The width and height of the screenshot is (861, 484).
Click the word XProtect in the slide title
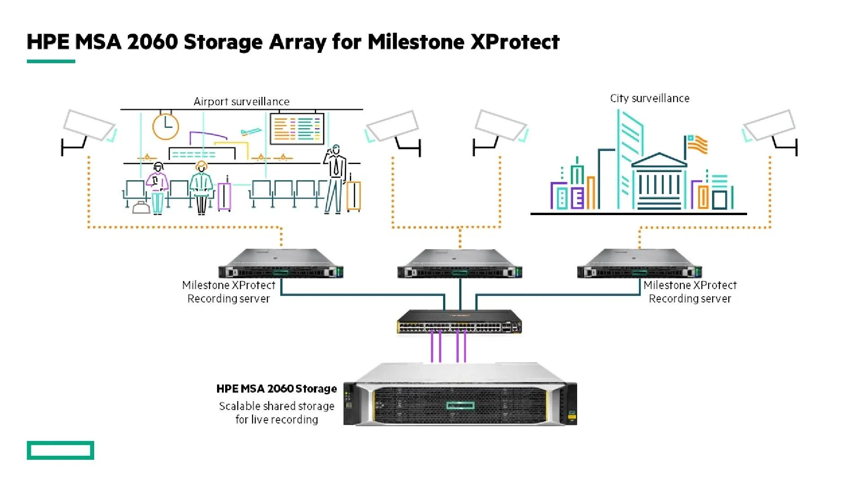tap(515, 42)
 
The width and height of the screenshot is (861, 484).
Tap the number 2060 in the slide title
tap(152, 42)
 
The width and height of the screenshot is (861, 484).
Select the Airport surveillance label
tap(241, 102)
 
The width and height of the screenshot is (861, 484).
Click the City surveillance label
tap(649, 99)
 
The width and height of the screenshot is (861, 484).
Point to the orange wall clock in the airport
tap(165, 126)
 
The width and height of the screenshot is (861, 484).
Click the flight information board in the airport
tap(297, 129)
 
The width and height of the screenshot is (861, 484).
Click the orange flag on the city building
tap(698, 145)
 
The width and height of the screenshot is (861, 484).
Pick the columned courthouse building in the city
tap(659, 181)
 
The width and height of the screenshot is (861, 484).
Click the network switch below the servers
tap(460, 322)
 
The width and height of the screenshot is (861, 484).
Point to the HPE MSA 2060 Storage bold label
tap(276, 389)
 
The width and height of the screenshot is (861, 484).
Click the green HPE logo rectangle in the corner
tap(61, 450)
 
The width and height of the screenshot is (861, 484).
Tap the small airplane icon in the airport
tap(251, 132)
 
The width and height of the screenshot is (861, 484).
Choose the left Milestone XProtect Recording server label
tap(229, 292)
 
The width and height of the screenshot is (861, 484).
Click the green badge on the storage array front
tap(460, 406)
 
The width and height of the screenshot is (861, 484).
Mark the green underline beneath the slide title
tap(51, 61)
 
